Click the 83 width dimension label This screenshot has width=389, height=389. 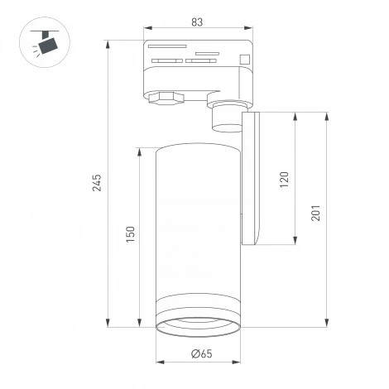coord(198,22)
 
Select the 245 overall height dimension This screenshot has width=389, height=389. coord(97,183)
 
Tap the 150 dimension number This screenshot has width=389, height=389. coord(130,236)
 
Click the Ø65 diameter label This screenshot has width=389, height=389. coord(200,354)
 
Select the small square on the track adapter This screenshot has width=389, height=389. coord(244,58)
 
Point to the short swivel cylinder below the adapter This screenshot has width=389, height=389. coord(225,118)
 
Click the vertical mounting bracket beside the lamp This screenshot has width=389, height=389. coord(252,178)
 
